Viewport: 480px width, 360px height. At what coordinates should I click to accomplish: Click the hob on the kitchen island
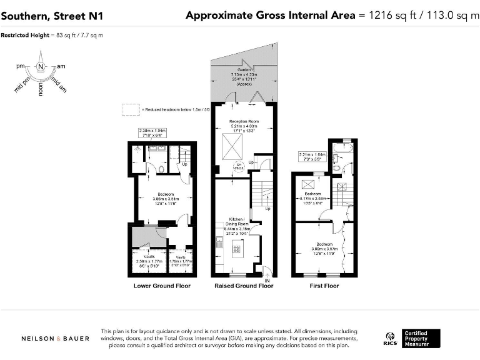click(237, 249)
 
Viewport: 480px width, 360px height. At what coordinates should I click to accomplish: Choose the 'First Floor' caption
click(324, 286)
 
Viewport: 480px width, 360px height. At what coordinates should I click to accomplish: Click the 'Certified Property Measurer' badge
click(421, 338)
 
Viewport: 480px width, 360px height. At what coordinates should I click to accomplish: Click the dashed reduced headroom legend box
click(131, 109)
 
